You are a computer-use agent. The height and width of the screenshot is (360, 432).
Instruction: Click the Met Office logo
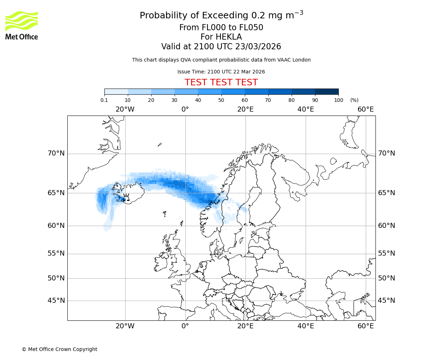[x=22, y=25]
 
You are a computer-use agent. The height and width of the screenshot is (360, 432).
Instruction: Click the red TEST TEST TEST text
[x=221, y=82]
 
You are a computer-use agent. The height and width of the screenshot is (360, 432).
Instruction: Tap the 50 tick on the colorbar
[x=221, y=100]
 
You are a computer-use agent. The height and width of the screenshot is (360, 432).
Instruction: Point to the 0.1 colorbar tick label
[x=104, y=100]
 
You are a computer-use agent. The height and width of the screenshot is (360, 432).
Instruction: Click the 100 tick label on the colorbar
[x=338, y=100]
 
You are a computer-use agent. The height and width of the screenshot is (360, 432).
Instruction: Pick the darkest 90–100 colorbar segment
[x=327, y=91]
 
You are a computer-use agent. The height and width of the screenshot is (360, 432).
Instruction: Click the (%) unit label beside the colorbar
[x=354, y=100]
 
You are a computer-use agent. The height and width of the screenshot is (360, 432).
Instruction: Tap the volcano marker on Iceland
[x=126, y=197]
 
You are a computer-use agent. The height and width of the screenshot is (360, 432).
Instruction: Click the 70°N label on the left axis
[x=56, y=153]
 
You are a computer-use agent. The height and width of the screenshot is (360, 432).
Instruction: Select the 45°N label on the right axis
[x=386, y=301]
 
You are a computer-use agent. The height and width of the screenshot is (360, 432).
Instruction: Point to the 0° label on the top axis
[x=185, y=109]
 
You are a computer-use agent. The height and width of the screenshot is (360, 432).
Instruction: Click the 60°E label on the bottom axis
[x=366, y=326]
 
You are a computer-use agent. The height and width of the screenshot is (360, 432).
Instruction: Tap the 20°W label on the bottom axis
[x=125, y=326]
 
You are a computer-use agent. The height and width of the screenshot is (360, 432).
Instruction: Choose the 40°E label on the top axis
[x=306, y=109]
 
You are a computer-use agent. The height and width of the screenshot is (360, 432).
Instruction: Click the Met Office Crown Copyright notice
[x=59, y=349]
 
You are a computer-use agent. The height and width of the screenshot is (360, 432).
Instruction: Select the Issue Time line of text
[x=221, y=72]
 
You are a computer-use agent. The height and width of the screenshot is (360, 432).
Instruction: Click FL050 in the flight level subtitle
[x=251, y=28]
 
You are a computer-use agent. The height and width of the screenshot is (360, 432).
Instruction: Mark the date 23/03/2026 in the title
[x=258, y=47]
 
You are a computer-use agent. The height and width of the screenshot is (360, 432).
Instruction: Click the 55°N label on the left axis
[x=56, y=253]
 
